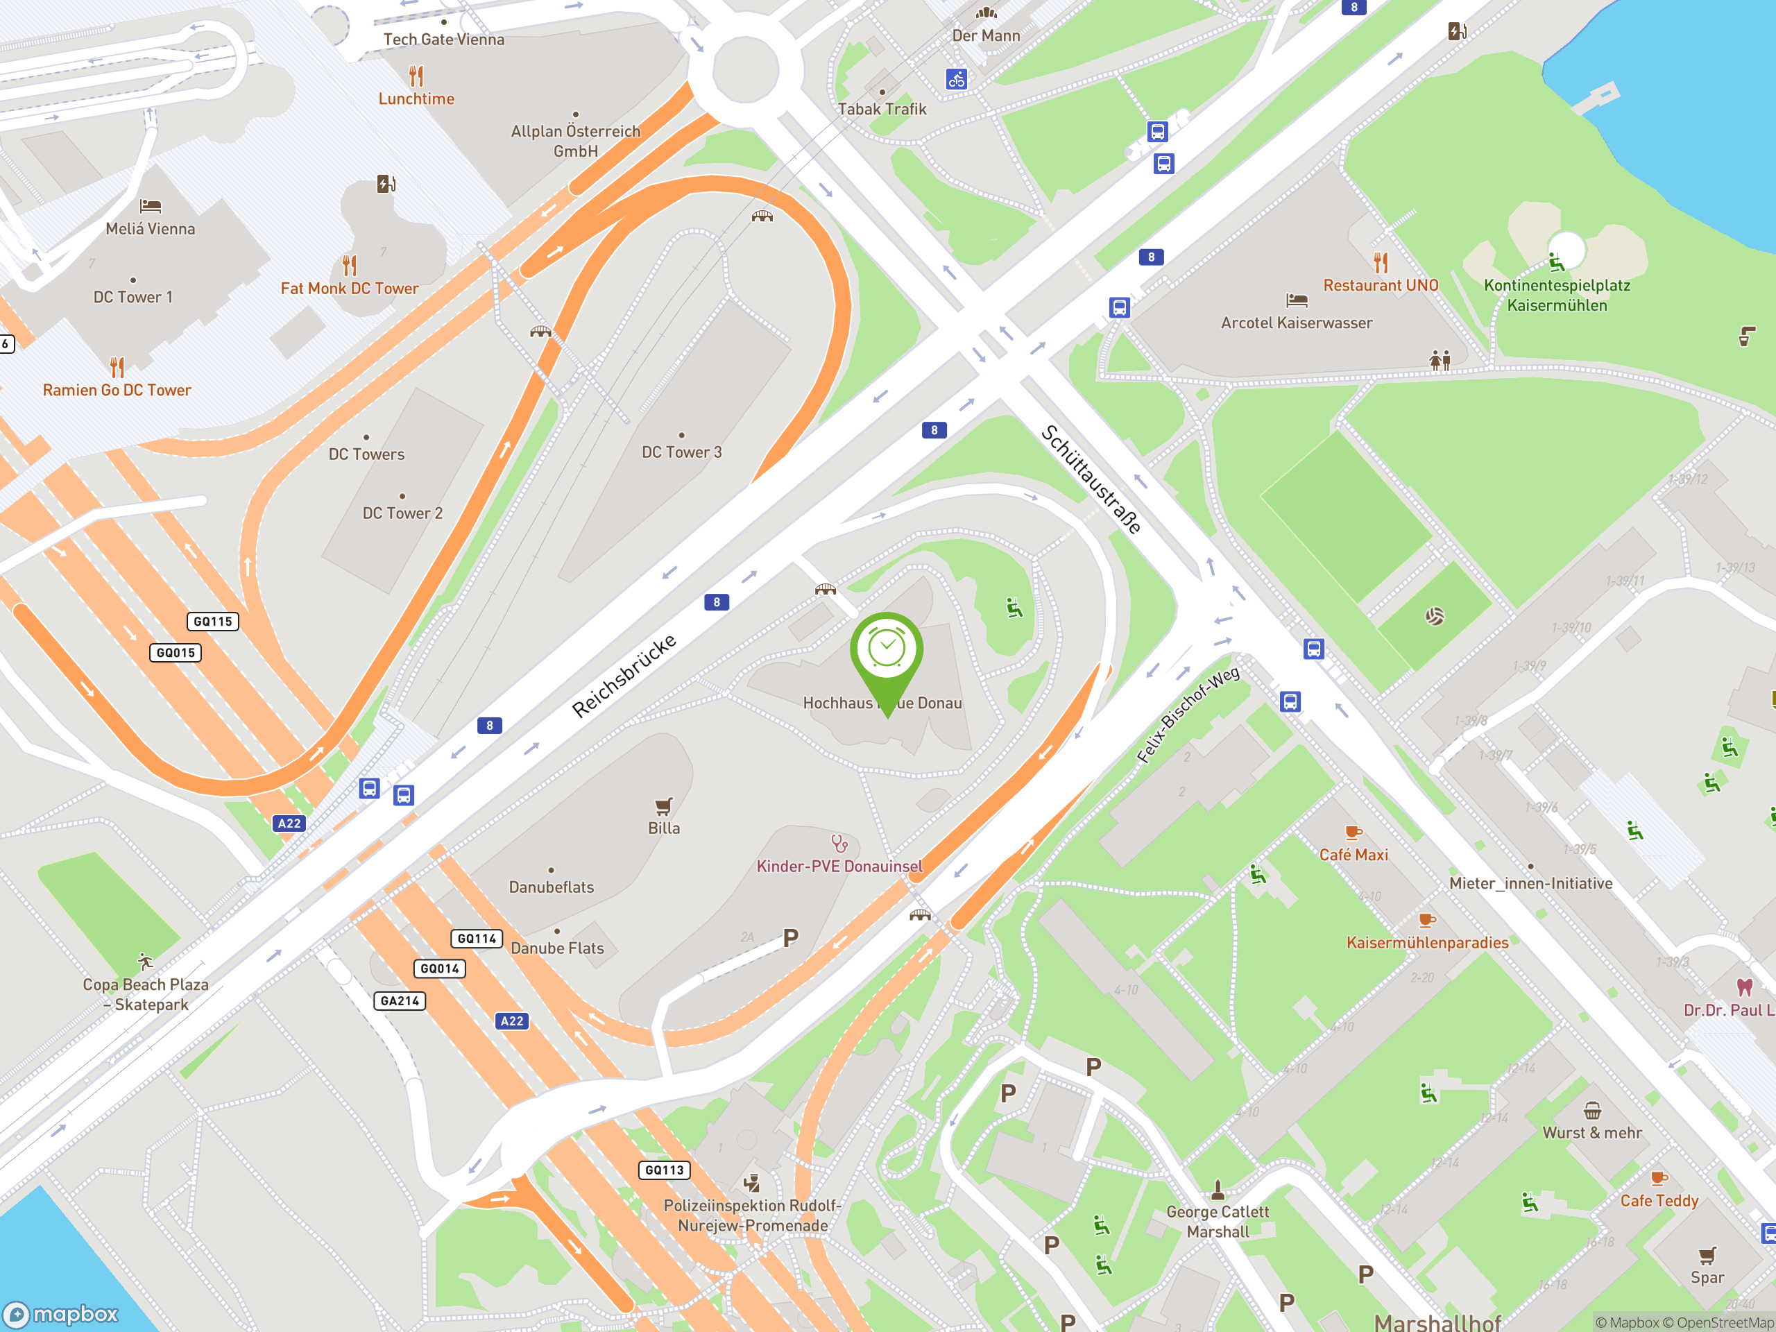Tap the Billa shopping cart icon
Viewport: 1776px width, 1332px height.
click(x=663, y=805)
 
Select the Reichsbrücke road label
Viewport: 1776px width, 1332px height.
click(x=624, y=676)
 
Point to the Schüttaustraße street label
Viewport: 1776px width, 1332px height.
click(x=1091, y=479)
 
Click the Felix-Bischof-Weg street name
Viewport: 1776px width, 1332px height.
click(x=1188, y=715)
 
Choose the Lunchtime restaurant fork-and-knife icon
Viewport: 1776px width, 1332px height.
click(x=416, y=76)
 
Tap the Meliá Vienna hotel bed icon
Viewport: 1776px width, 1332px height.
click(x=150, y=206)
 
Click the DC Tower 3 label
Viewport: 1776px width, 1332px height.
click(x=682, y=452)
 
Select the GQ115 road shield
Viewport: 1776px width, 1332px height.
click(x=213, y=622)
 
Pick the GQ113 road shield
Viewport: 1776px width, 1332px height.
click(x=664, y=1170)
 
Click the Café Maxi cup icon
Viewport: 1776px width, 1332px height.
click(x=1353, y=832)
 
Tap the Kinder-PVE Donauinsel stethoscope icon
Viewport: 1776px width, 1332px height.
click(x=839, y=843)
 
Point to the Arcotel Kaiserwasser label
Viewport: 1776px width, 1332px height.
click(x=1296, y=323)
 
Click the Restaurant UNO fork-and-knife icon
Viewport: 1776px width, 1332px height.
click(x=1380, y=262)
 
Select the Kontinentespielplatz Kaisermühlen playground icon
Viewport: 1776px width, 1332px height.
click(x=1556, y=262)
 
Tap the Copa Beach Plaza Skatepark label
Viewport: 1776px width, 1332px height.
click(x=145, y=994)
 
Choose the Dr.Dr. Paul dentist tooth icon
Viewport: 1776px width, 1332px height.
click(x=1744, y=987)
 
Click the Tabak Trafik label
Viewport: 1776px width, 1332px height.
click(x=882, y=109)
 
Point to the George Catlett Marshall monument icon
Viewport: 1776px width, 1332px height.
click(x=1218, y=1189)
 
